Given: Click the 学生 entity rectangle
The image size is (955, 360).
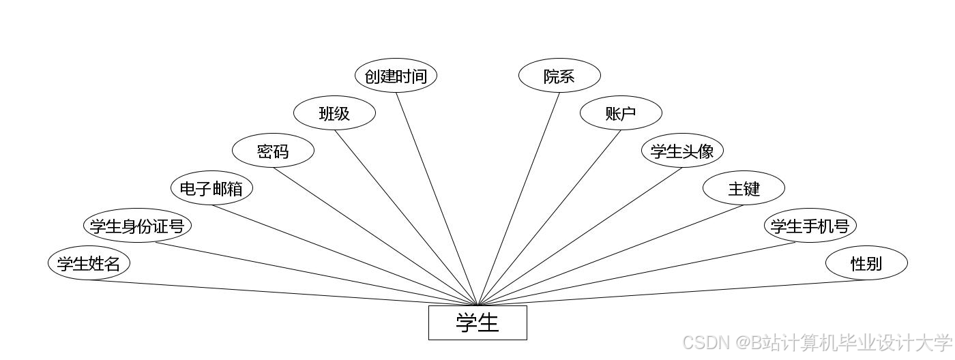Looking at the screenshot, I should tap(477, 322).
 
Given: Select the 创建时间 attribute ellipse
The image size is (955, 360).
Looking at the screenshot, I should tap(396, 76).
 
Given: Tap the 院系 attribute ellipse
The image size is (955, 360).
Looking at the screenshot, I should tap(559, 76).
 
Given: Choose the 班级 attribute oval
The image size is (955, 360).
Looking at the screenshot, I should tap(334, 113).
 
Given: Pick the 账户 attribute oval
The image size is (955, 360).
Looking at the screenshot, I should tap(621, 113).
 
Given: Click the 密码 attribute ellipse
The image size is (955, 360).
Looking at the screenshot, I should tap(273, 151).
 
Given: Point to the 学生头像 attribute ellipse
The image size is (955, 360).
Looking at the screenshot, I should tap(682, 151).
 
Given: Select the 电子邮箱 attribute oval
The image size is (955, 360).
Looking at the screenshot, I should tap(211, 188).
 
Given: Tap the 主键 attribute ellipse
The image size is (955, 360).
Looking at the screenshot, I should tap(744, 188).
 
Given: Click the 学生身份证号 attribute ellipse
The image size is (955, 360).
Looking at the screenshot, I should tap(137, 226).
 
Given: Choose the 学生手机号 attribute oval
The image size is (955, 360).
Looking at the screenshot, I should tap(810, 226).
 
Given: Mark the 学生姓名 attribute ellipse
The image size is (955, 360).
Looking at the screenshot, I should tap(89, 263).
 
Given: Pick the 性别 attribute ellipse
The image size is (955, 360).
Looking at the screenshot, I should tap(866, 263).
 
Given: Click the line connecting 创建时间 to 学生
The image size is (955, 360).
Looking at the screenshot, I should tap(437, 199).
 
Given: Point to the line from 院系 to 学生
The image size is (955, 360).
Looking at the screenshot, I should tap(518, 199).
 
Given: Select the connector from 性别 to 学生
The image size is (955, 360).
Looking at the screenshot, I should tap(672, 293).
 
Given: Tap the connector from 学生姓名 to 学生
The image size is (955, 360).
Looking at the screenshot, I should tap(283, 293).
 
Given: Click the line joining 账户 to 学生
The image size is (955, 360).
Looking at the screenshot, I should tap(549, 217).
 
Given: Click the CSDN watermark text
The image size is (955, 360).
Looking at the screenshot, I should tap(816, 342).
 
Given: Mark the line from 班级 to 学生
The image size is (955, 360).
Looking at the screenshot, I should tap(406, 217).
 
